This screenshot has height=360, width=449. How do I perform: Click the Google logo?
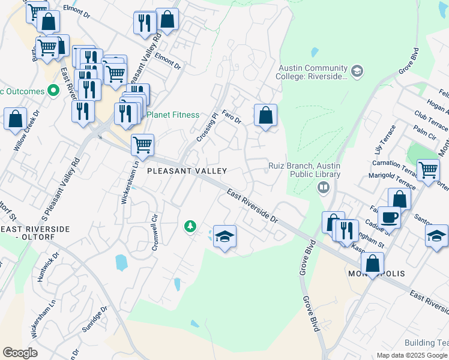coord(20,353)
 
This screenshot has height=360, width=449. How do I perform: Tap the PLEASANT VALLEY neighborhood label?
coord(187,172)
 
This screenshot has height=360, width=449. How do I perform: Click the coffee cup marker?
coord(389,217)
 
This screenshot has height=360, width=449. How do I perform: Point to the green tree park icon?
coord(190,226)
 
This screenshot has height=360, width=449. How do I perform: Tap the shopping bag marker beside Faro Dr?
coord(265,115)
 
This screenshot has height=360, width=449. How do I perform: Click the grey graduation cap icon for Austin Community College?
coord(357,72)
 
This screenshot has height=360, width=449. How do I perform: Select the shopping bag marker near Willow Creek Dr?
coord(15,118)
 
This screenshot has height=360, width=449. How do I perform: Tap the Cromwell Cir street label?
coord(156,234)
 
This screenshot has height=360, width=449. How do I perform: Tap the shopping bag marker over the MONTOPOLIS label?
coord(373,263)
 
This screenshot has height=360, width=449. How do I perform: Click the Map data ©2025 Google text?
coord(412,355)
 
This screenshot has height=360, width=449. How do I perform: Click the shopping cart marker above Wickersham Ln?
coord(142,144)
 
